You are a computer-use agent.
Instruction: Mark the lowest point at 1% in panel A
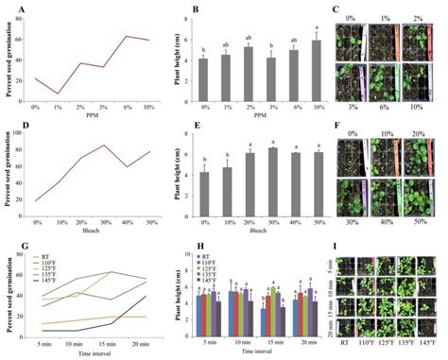coord(59,94)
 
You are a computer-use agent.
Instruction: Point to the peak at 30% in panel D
coord(104,145)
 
